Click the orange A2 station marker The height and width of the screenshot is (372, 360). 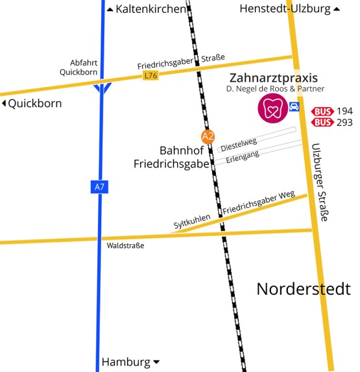point(208,136)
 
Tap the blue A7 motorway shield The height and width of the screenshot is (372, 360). point(99,187)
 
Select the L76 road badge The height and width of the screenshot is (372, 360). point(150,76)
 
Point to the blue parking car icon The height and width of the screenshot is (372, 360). point(294,106)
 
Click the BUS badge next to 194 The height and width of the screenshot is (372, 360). point(323,111)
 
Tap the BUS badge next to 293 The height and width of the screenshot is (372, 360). point(323,122)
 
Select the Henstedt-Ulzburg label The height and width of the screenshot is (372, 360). point(284,8)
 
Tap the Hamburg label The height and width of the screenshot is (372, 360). point(126,362)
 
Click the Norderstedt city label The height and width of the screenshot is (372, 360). point(303,289)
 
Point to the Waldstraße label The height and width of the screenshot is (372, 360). point(125,245)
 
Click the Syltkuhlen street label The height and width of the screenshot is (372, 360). point(192,222)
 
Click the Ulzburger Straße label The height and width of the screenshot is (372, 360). point(320,182)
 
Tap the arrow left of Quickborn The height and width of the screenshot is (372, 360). point(4,103)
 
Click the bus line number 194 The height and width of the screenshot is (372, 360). point(345,111)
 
